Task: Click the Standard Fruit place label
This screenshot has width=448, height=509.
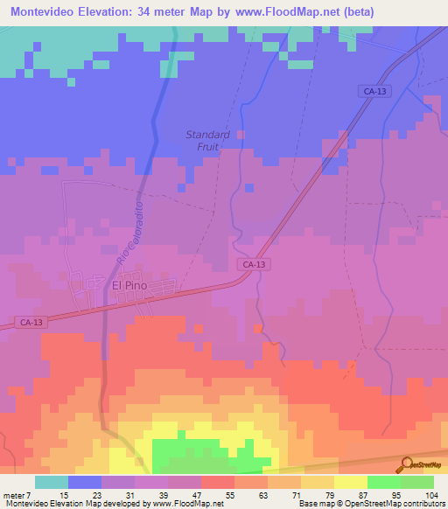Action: tap(207, 141)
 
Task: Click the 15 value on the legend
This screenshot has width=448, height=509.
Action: tap(65, 494)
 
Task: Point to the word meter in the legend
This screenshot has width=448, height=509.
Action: tap(15, 494)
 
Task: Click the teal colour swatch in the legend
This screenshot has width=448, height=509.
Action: tap(51, 482)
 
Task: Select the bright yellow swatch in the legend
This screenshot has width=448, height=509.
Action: tap(350, 482)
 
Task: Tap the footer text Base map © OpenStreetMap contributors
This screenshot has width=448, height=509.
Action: tap(371, 504)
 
